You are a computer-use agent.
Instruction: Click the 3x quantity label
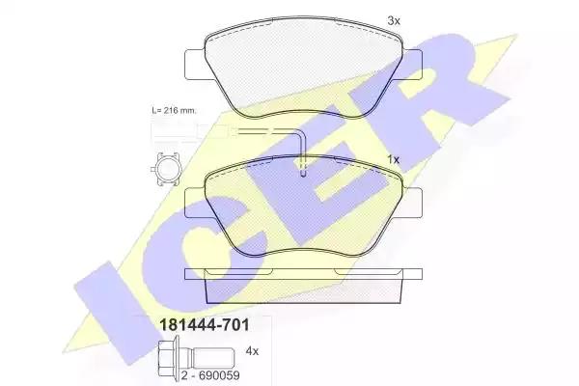point(394,21)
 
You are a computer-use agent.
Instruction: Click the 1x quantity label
point(394,159)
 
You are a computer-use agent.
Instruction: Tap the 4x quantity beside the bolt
point(252,351)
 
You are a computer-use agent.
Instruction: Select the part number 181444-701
point(205,325)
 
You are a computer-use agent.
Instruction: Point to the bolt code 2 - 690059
point(210,375)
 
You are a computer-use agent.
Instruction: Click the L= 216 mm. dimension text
point(175,110)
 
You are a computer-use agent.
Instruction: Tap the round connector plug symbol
point(166,169)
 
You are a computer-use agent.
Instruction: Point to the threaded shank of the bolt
point(214,357)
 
